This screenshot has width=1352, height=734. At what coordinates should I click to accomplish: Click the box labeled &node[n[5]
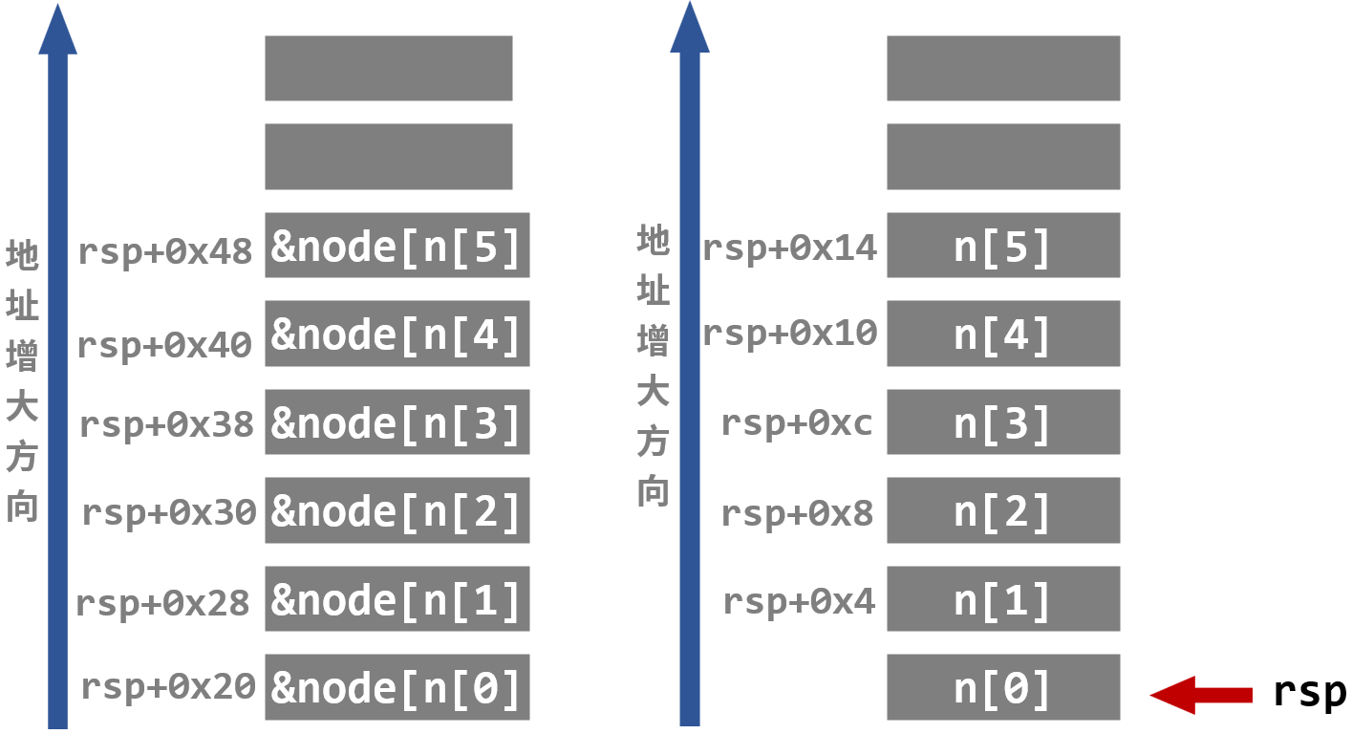(x=397, y=246)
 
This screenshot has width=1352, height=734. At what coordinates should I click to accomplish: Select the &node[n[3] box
(x=397, y=421)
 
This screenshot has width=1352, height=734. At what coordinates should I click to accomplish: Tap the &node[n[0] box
(x=397, y=686)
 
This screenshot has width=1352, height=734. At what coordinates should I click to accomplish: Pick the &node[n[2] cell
(x=397, y=509)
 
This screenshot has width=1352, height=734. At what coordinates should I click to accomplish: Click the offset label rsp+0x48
(x=164, y=251)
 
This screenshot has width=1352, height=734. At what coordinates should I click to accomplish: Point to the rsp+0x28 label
(x=162, y=603)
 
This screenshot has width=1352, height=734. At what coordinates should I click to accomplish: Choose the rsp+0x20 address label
(x=168, y=686)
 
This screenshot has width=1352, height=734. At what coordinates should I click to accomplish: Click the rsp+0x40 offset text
(x=164, y=344)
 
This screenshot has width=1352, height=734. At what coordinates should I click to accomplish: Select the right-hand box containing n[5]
(x=1002, y=246)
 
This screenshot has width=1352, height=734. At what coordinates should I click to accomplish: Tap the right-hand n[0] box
(x=1002, y=686)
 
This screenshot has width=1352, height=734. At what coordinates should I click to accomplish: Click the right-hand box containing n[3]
(x=1002, y=421)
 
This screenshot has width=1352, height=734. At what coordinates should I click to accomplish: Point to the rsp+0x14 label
(x=789, y=248)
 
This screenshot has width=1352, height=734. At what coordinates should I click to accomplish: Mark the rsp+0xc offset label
(x=797, y=422)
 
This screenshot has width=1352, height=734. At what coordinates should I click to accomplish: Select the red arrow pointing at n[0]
(x=1200, y=695)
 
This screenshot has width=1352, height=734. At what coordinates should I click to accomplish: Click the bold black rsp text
(x=1309, y=692)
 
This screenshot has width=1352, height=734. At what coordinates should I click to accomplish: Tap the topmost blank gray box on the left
(x=388, y=68)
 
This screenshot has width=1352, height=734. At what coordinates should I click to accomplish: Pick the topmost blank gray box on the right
(x=1002, y=68)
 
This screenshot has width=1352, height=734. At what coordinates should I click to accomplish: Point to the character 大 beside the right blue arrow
(x=653, y=391)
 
